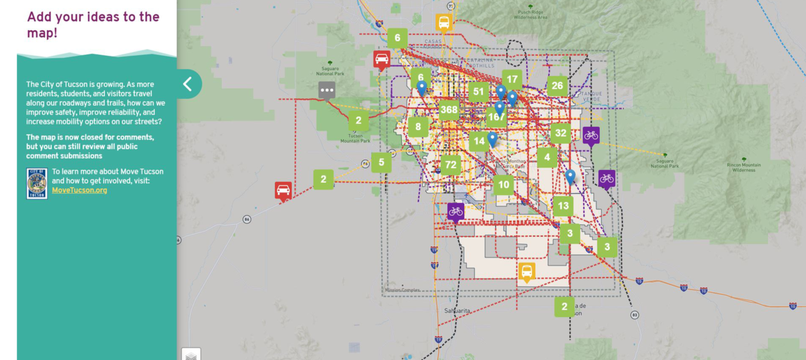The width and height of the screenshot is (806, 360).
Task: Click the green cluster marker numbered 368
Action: click(449, 110)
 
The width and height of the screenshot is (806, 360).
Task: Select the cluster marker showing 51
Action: click(479, 92)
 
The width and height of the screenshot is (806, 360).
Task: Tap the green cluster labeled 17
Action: click(512, 79)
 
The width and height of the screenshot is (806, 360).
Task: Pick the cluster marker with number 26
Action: click(557, 86)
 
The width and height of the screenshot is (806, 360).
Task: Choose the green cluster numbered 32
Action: click(560, 133)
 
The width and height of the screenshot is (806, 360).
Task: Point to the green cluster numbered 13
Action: click(563, 206)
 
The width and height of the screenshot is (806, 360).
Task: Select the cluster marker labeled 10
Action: click(504, 184)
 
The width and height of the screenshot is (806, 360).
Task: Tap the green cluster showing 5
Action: click(381, 162)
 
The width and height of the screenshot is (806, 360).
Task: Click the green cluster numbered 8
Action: click(418, 127)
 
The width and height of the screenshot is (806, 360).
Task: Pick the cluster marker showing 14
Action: click(479, 141)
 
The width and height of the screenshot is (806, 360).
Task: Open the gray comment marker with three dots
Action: click(326, 91)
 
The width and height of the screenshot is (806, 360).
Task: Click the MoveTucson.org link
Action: click(79, 190)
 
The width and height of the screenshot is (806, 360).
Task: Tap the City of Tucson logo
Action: click(37, 183)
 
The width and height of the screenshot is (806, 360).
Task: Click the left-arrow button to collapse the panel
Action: click(187, 84)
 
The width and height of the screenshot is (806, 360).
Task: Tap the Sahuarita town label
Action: click(457, 311)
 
